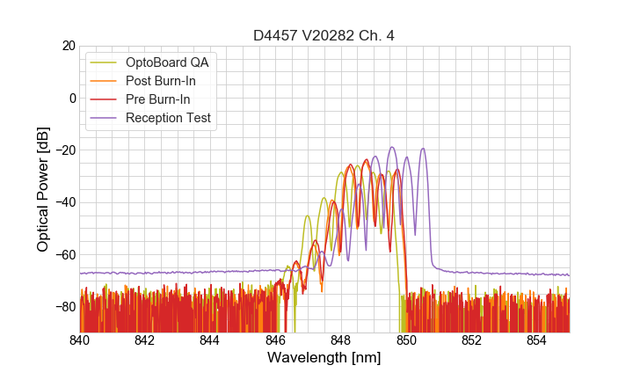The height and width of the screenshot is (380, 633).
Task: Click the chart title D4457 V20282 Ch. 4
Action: click(324, 35)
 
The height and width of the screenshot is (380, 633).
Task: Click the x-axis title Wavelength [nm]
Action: click(324, 358)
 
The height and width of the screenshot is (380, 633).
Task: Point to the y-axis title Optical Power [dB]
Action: click(43, 189)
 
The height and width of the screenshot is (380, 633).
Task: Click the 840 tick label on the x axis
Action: click(79, 340)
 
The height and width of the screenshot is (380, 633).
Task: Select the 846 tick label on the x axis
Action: click(275, 340)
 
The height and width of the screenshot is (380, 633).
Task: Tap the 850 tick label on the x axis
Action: click(406, 340)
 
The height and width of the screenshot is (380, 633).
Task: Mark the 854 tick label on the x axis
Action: click(536, 340)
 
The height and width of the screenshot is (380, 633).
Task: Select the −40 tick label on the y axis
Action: click(64, 202)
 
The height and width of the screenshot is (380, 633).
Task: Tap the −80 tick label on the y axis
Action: click(64, 306)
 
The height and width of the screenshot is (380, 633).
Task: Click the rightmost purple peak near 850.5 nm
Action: click(423, 149)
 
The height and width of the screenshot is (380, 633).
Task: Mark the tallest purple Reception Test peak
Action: click(392, 147)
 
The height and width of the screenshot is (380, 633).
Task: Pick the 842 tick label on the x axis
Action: click(145, 340)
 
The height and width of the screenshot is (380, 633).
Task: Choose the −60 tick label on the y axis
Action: click(64, 254)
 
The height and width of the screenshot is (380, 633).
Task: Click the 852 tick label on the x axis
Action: click(471, 340)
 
